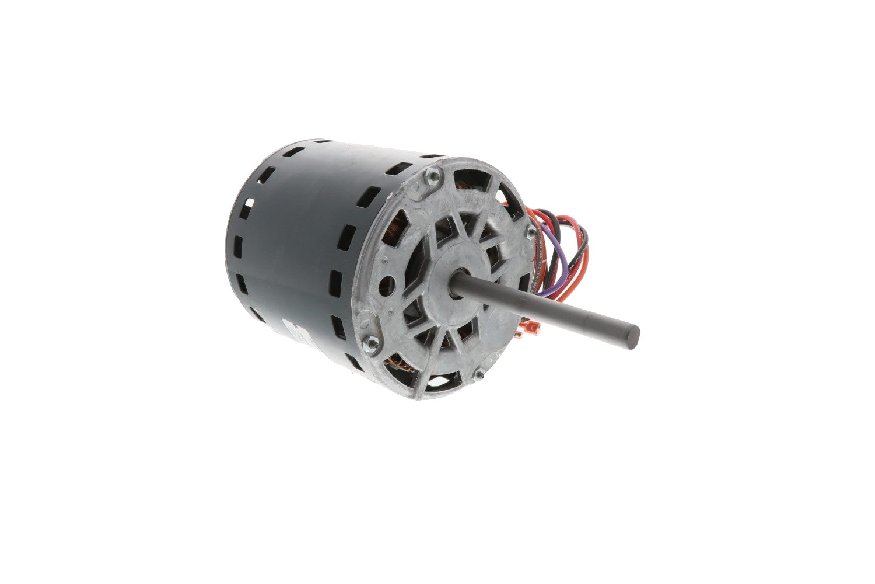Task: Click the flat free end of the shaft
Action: (x=633, y=338)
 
